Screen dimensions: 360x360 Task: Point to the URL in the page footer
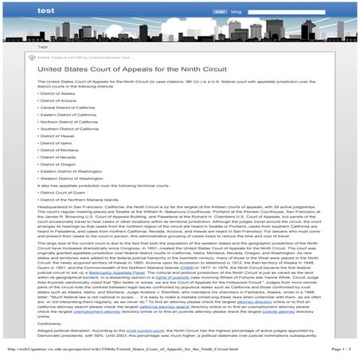119,349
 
